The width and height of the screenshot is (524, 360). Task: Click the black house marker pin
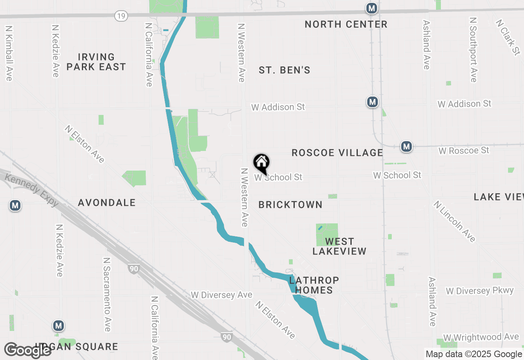[262, 163]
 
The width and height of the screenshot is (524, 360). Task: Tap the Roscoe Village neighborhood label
[337, 153]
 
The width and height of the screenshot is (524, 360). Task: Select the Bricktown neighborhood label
[290, 205]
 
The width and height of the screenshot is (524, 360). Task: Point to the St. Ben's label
[285, 70]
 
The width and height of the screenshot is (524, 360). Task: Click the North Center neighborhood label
[346, 25]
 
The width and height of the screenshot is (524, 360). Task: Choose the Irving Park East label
[96, 62]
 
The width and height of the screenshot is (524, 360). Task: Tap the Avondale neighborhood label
[106, 202]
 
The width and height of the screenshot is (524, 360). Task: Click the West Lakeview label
[339, 246]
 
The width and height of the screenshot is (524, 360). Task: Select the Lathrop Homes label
[314, 285]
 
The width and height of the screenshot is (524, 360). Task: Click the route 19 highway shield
[122, 16]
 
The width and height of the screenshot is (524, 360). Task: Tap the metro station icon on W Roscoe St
[406, 146]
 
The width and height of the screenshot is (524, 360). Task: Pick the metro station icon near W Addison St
[372, 102]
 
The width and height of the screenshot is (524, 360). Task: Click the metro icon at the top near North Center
[372, 8]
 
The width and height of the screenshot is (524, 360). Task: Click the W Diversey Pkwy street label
[479, 291]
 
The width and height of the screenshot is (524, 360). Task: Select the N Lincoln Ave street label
[455, 221]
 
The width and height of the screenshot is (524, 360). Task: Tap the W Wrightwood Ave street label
[481, 337]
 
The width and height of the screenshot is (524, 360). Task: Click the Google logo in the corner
[28, 350]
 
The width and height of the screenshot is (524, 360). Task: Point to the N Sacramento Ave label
[107, 295]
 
